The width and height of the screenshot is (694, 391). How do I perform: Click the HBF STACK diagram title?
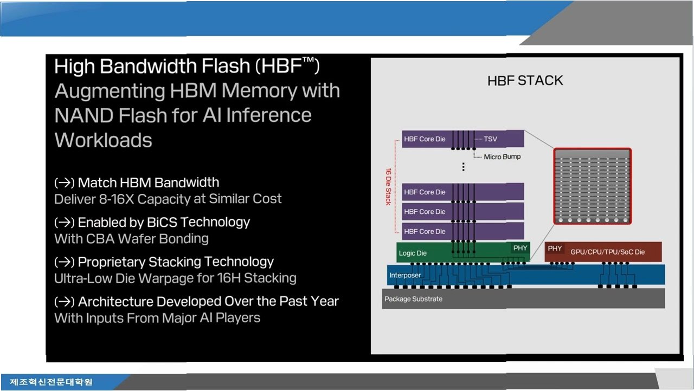coord(525,81)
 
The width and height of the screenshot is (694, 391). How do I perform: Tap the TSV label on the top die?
coord(491,139)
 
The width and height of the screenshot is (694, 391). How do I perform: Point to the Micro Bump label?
coord(502,157)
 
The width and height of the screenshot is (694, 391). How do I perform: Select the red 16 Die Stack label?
coord(389,186)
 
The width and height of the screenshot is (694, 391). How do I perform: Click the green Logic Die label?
coord(413,253)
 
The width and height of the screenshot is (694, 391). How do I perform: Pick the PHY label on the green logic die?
coord(520,248)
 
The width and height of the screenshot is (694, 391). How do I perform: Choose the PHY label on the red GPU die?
coord(555,249)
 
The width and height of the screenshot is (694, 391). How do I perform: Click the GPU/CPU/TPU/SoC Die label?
coord(608,252)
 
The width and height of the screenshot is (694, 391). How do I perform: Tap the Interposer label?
coord(405,275)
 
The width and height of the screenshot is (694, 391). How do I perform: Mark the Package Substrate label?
coord(413,299)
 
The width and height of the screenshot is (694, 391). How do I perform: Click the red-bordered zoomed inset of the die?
coord(593,186)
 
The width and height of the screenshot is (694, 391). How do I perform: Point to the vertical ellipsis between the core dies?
coord(463,167)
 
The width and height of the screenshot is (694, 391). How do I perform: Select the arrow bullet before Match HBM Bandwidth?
coord(65,183)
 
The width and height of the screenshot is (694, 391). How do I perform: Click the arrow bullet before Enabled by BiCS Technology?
coord(65,223)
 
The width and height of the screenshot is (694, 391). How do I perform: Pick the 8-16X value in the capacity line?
coord(117,199)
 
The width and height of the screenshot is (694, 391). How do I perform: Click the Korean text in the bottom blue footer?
coord(51,382)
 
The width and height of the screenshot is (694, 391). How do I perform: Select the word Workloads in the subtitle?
coord(104,140)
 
